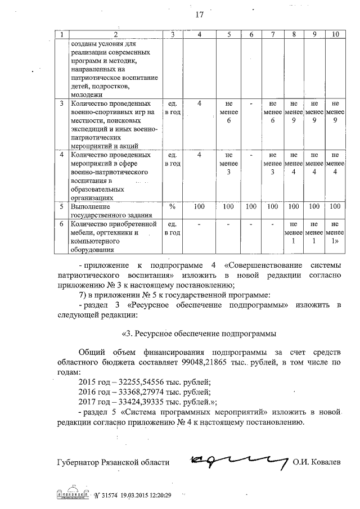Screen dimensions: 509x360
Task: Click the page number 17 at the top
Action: [199, 15]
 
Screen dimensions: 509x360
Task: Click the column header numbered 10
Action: [335, 35]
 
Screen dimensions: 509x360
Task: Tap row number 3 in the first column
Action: [61, 104]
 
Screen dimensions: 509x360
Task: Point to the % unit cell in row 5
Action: [173, 206]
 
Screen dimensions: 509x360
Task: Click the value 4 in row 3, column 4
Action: [199, 104]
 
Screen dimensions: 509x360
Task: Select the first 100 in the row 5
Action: [199, 206]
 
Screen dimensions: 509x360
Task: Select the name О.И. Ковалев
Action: [316, 462]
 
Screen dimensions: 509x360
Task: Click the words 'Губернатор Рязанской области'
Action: [113, 462]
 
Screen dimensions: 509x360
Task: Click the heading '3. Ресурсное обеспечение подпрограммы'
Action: [199, 332]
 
